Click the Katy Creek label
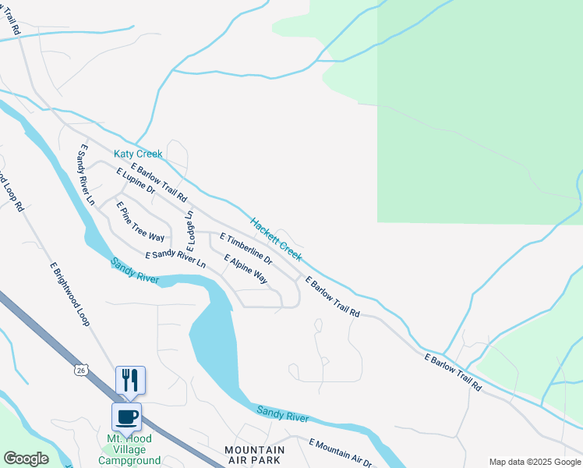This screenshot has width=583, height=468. tap(138, 154)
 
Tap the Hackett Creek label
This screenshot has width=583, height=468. tap(276, 239)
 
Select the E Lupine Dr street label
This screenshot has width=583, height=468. tap(136, 181)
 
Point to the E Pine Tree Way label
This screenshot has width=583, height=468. tap(140, 222)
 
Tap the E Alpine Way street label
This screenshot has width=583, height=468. tap(246, 269)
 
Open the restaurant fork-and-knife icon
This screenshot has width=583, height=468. tap(130, 380)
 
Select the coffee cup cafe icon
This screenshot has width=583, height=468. tap(126, 417)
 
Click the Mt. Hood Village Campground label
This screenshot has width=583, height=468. tap(129, 449)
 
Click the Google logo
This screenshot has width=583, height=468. tap(26, 459)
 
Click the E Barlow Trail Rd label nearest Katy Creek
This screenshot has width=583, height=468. tap(160, 182)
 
